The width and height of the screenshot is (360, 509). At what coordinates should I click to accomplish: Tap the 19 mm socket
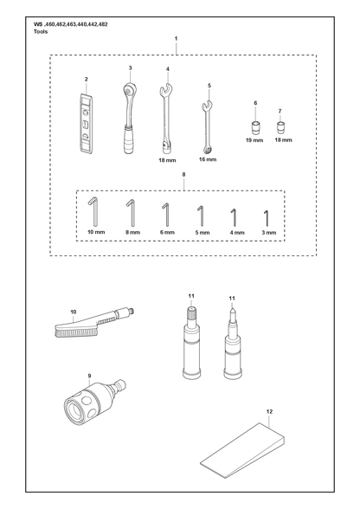point(255,127)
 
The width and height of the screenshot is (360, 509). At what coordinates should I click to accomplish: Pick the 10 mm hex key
point(94,213)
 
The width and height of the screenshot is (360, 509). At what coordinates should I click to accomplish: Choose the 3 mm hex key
point(267,218)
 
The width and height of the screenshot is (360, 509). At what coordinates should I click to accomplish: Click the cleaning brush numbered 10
point(94,323)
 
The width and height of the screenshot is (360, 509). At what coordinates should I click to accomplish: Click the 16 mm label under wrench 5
point(208,159)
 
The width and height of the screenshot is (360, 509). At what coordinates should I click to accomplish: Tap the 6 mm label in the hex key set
point(167,232)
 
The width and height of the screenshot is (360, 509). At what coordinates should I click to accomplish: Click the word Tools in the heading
point(41,31)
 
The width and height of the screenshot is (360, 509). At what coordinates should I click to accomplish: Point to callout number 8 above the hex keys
point(183,175)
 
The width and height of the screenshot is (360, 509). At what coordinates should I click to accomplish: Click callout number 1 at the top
point(177,38)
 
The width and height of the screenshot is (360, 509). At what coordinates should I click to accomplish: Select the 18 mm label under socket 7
point(283,140)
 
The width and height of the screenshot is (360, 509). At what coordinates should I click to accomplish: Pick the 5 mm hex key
point(202,216)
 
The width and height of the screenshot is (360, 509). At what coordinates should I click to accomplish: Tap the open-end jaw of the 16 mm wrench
point(207,106)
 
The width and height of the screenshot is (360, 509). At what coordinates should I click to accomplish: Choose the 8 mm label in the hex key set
point(132,232)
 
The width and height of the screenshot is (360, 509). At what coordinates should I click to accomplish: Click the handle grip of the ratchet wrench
point(128,140)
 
